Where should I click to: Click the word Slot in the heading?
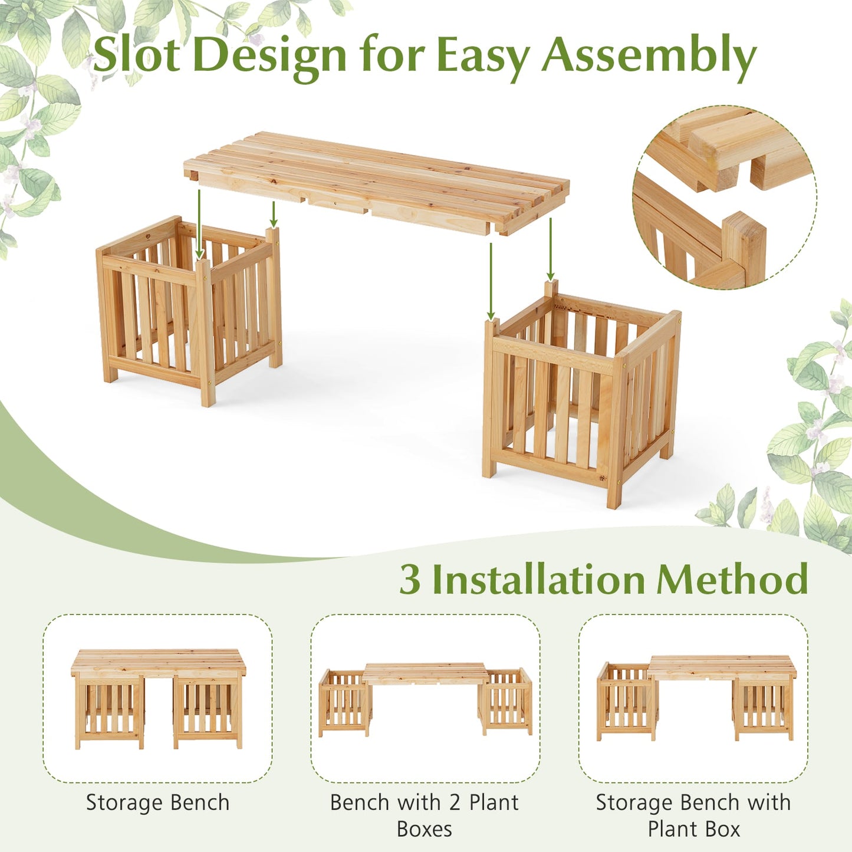136,55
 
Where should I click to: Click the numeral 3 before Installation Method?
410,580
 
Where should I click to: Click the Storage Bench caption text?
157,802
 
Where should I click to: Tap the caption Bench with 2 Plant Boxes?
425,815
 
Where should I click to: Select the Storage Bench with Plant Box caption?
693,815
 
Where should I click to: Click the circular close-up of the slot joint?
725,198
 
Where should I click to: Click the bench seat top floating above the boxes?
377,180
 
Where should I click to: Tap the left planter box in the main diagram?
189,310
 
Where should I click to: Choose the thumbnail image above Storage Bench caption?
158,699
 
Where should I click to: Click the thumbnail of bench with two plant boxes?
425,699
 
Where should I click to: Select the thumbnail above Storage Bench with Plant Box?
693,699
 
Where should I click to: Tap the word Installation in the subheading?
538,580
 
